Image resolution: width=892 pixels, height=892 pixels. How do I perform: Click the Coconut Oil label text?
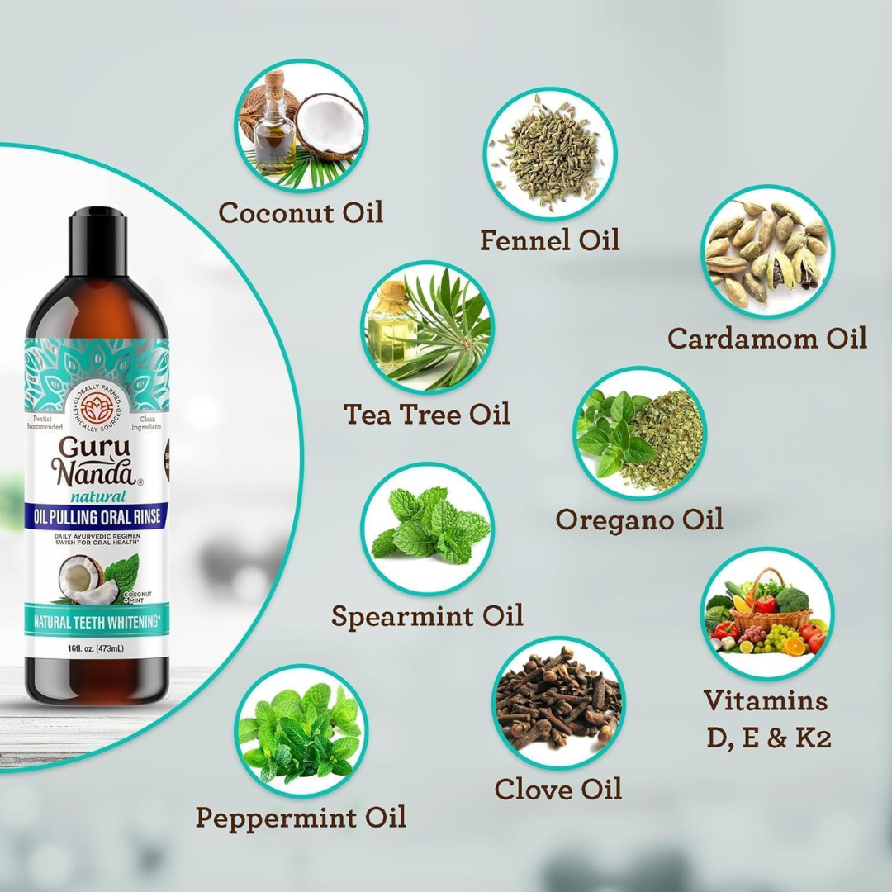[301, 212]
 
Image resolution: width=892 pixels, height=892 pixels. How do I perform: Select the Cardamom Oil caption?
[767, 338]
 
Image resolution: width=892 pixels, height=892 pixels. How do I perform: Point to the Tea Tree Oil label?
[426, 413]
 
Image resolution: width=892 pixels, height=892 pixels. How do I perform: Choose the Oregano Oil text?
[639, 519]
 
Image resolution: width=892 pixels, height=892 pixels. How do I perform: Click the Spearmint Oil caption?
[427, 616]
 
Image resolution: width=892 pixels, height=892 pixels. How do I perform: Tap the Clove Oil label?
[557, 789]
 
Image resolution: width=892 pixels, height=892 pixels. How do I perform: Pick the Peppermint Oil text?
[301, 818]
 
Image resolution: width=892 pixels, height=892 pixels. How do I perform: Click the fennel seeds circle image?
[549, 153]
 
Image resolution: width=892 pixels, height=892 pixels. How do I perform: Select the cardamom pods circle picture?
[767, 252]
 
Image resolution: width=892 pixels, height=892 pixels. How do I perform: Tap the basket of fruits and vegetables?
[767, 613]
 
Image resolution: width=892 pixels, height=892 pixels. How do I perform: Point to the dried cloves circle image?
[557, 701]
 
